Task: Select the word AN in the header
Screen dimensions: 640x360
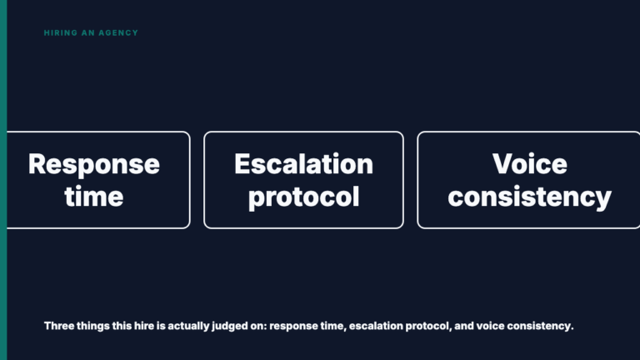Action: pos(88,32)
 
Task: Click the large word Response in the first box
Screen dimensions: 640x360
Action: pos(94,164)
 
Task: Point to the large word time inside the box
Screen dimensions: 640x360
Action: pos(94,197)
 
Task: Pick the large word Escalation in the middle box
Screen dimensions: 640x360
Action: pos(303,164)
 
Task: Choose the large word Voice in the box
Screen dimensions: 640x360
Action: pos(530,164)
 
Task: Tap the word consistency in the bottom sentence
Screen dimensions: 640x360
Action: pos(540,326)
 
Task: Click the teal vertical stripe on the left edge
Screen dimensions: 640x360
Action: pos(3,180)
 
